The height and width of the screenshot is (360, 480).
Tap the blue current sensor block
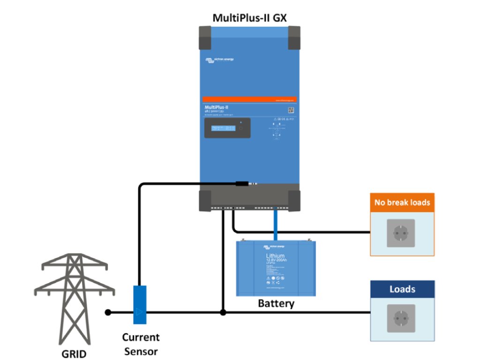pyautogui.click(x=140, y=304)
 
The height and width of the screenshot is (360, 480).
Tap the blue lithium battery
pyautogui.click(x=276, y=268)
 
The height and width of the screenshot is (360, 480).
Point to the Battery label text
pyautogui.click(x=276, y=303)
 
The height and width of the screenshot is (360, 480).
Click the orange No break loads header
pyautogui.click(x=402, y=203)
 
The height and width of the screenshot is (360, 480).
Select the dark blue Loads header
pyautogui.click(x=402, y=289)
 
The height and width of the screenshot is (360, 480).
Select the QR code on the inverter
pyautogui.click(x=291, y=110)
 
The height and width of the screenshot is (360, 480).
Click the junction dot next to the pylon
pyautogui.click(x=108, y=312)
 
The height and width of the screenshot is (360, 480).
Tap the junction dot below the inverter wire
pyautogui.click(x=223, y=312)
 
